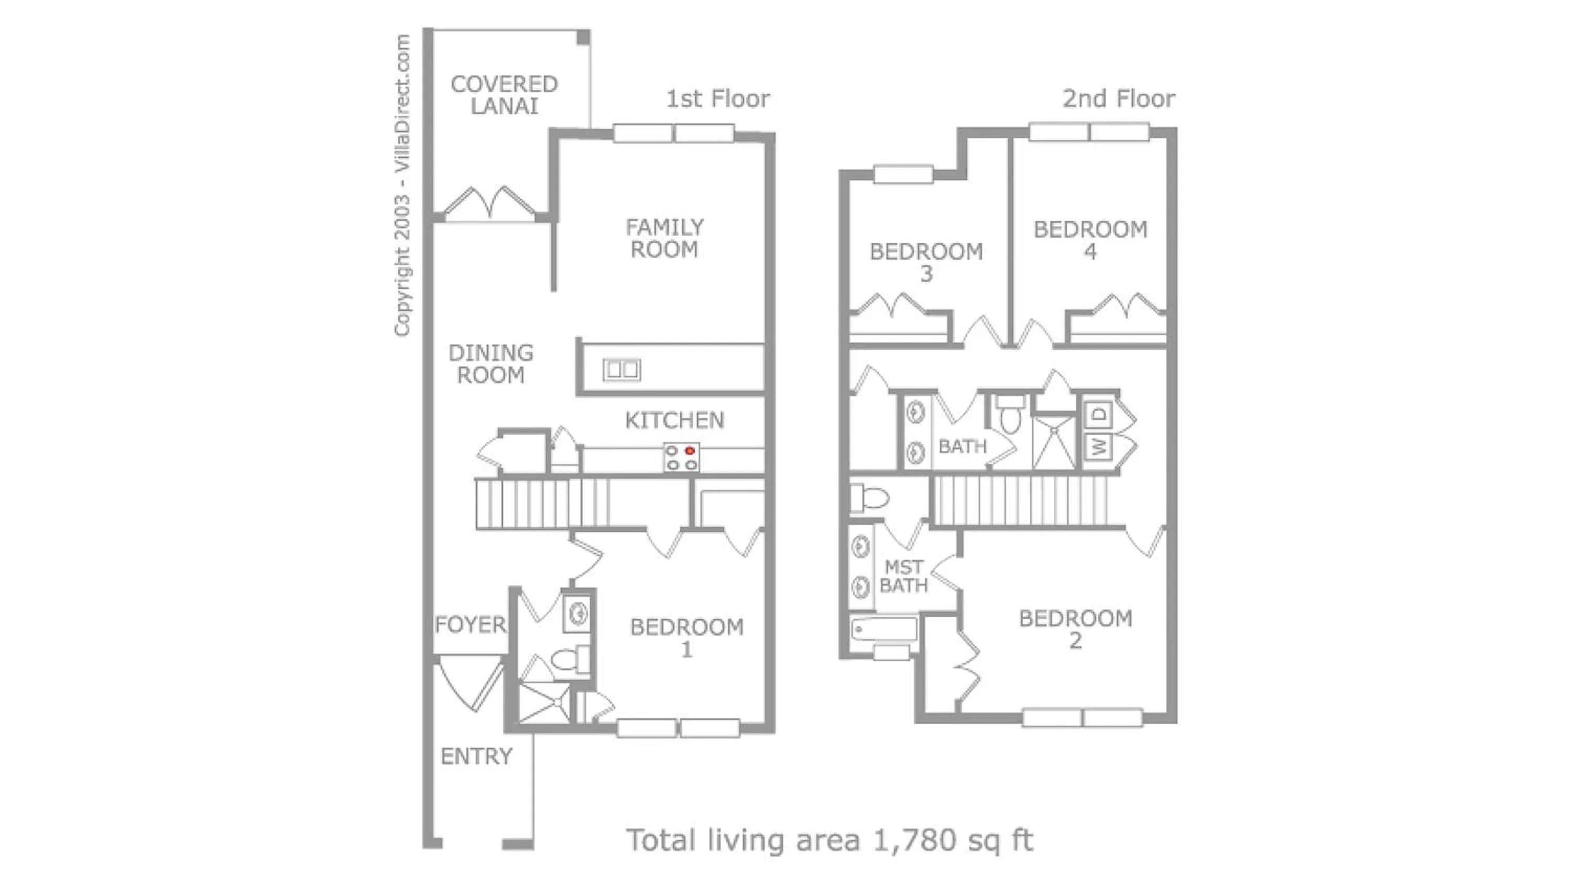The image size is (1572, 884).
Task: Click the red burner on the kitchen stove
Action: pos(690,451)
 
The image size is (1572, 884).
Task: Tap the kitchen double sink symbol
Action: pos(621,370)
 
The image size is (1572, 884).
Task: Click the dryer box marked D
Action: pos(1098,414)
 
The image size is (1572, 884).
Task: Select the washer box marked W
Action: pos(1098,447)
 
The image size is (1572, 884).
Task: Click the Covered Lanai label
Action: pos(504,95)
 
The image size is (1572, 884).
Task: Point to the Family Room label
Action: pos(664,238)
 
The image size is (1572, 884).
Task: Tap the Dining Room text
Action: pos(490,363)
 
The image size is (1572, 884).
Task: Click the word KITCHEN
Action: pos(674,421)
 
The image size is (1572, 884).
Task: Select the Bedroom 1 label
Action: pos(686,637)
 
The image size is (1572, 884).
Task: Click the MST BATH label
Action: pos(903,576)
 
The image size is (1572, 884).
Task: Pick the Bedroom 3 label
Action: pos(926,262)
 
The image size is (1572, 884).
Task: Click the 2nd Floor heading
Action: pos(1118,99)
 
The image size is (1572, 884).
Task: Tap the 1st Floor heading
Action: pos(718,99)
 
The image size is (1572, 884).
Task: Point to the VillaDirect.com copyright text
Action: pos(402,183)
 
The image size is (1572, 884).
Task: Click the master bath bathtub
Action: pos(883,629)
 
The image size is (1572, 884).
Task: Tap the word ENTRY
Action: pos(476,757)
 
